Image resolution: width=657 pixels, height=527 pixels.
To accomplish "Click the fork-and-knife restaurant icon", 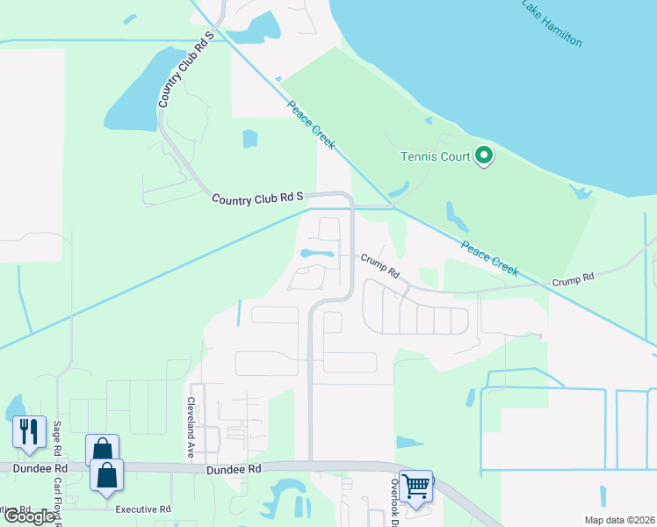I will click(28, 432).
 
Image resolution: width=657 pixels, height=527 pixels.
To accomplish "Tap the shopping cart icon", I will click(415, 484).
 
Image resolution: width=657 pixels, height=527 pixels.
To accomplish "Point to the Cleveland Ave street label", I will click(189, 417).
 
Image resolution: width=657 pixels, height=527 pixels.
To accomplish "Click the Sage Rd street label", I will click(58, 437).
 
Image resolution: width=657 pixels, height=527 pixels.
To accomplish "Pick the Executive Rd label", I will click(141, 509).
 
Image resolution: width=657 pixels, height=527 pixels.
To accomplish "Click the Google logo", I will click(30, 516).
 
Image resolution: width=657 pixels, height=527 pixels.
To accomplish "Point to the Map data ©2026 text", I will click(618, 520).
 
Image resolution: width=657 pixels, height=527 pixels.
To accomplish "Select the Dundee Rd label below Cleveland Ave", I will click(235, 470).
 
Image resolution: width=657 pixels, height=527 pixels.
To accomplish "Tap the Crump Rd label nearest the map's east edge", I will click(574, 277).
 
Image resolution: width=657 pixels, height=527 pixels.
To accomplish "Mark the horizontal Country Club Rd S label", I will click(257, 199).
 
